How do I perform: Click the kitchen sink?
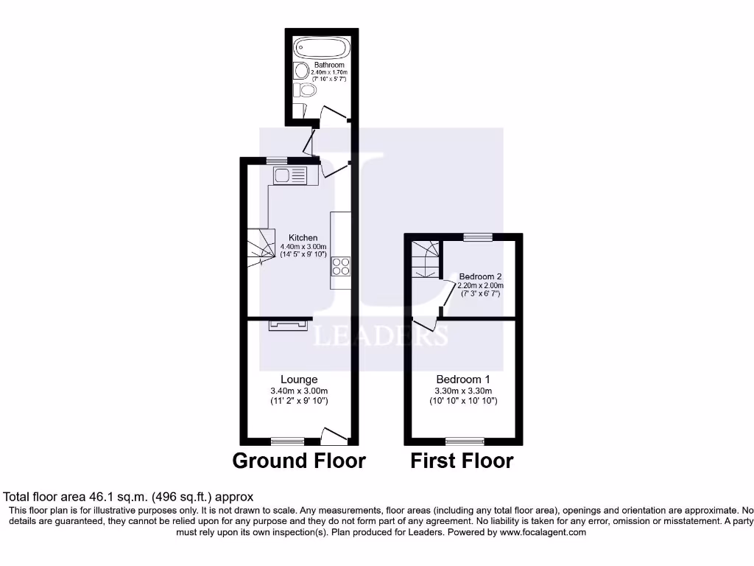(290, 175)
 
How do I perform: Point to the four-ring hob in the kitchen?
(341, 265)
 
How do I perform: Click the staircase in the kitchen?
(258, 248)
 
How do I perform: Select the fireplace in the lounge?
(287, 324)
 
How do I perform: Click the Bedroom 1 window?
(465, 441)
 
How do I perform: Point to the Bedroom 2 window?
(478, 237)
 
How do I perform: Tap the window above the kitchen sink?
(276, 161)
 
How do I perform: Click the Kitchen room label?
(303, 237)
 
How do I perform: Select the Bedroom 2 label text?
(481, 276)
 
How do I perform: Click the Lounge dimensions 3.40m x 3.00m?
(299, 391)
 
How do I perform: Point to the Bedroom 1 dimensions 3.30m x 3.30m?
(464, 391)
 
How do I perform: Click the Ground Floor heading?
(299, 461)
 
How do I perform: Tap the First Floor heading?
(462, 461)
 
